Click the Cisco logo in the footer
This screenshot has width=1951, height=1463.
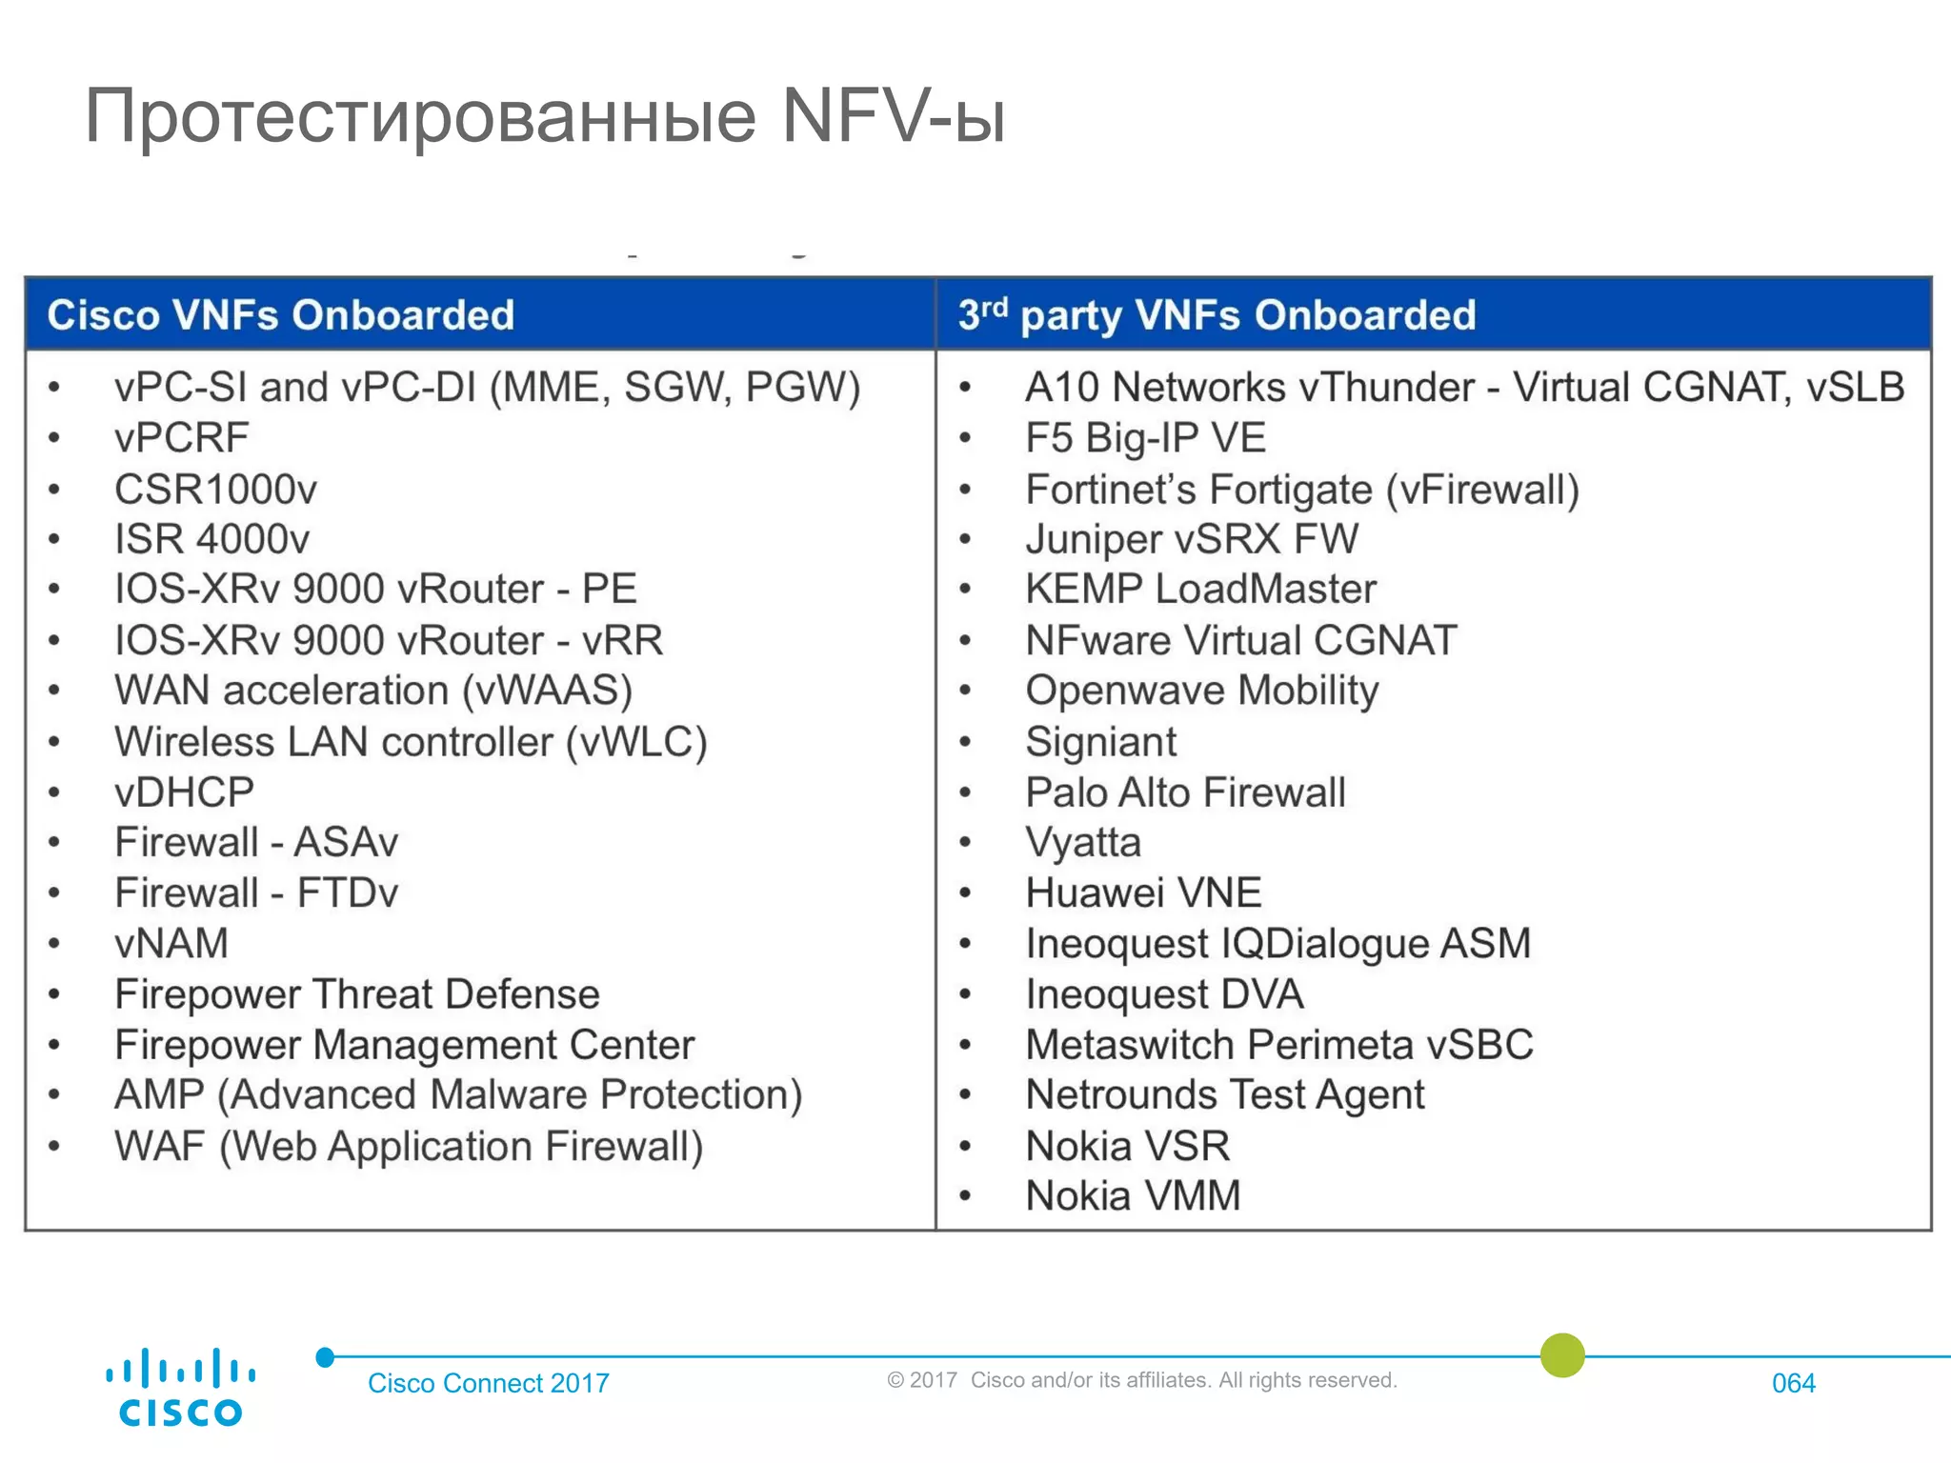click(180, 1387)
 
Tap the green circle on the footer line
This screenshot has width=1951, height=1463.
click(1562, 1355)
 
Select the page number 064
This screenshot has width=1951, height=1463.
click(1793, 1383)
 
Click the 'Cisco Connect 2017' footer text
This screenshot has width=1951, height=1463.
click(488, 1383)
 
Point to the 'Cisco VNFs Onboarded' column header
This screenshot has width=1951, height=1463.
click(281, 315)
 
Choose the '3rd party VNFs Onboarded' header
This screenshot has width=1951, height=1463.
click(1217, 315)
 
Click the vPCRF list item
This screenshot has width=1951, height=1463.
click(181, 438)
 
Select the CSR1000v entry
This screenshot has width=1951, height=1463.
click(215, 490)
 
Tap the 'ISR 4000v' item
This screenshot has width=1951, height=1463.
click(211, 539)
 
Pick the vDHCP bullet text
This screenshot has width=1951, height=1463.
click(184, 792)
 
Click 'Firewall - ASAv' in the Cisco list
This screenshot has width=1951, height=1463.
click(255, 842)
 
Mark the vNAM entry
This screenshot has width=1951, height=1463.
click(171, 944)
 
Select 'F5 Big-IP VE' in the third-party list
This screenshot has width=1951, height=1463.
click(1145, 438)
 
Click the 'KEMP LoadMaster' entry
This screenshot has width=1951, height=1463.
click(1200, 590)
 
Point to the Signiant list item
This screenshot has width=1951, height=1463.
click(1100, 742)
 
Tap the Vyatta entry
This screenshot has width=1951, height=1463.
click(1083, 843)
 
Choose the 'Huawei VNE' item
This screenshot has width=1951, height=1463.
click(1143, 893)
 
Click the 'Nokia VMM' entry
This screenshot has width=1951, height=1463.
click(1133, 1196)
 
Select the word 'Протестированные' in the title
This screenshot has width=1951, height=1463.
click(420, 116)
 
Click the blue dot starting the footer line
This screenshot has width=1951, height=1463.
click(325, 1357)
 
